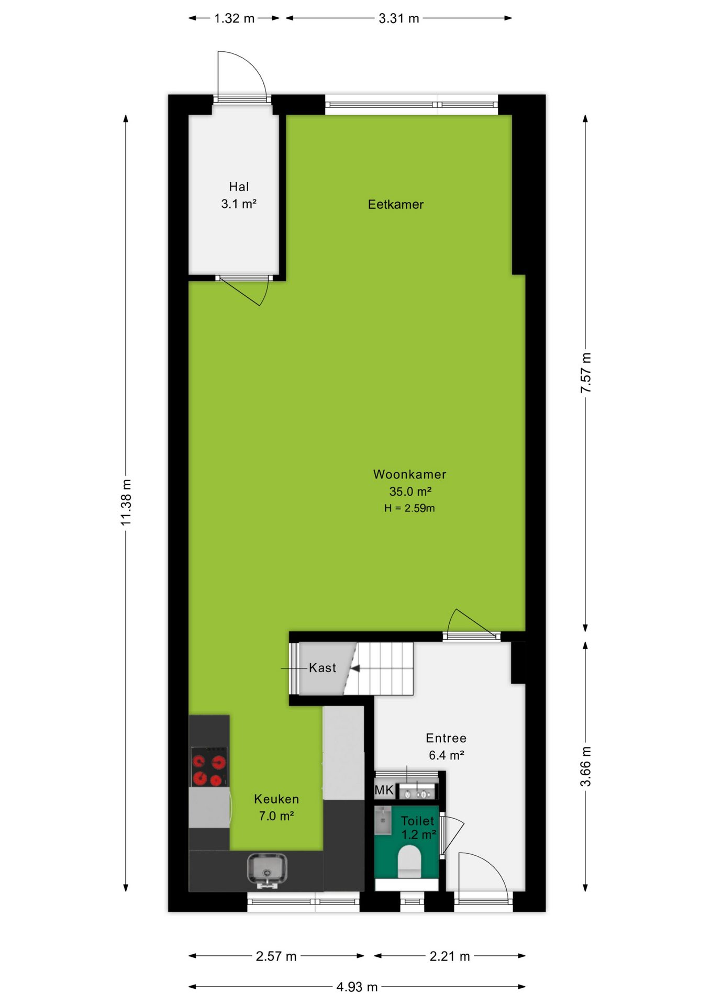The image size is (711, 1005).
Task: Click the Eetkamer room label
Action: click(x=395, y=205)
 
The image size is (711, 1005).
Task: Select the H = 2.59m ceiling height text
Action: click(x=409, y=508)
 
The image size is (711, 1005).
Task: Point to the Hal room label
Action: click(x=239, y=187)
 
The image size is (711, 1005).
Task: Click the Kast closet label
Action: click(x=323, y=668)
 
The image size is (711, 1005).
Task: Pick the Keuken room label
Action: click(x=276, y=799)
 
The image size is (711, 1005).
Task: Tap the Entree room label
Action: click(x=446, y=739)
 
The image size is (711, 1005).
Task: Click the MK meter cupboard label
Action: click(x=384, y=790)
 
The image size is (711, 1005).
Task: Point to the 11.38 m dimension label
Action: click(x=126, y=502)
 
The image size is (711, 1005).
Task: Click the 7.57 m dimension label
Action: click(x=586, y=373)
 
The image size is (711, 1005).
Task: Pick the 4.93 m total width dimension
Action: click(x=357, y=987)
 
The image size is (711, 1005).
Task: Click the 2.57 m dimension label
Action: click(x=276, y=956)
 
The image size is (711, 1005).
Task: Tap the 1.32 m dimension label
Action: click(x=234, y=18)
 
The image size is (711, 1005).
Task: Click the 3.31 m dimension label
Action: click(x=399, y=18)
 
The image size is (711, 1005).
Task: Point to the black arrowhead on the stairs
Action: click(x=355, y=668)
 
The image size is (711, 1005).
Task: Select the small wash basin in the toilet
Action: click(x=383, y=820)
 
